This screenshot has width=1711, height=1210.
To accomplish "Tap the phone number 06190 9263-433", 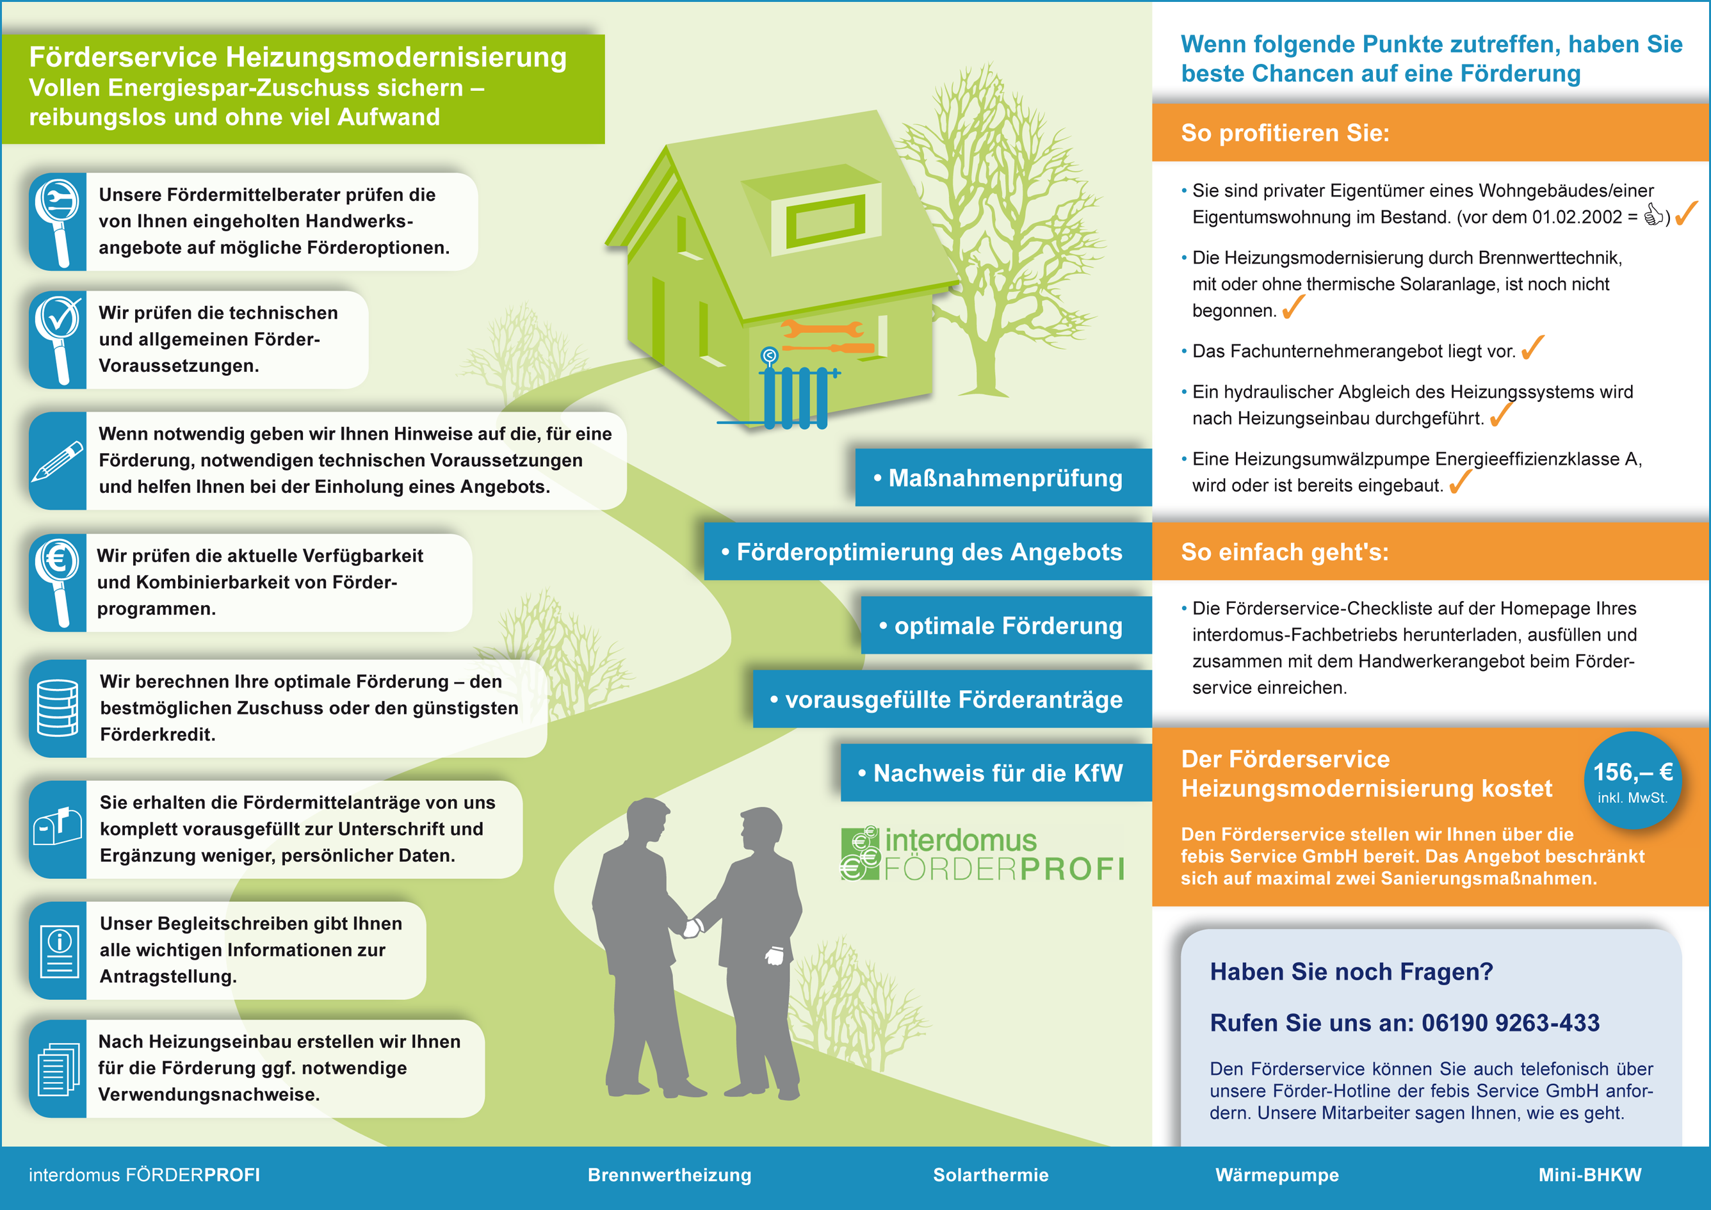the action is point(1510,1023).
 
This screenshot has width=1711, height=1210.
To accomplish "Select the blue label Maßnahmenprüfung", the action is point(1003,478).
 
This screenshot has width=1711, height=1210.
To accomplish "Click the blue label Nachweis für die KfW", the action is point(996,773).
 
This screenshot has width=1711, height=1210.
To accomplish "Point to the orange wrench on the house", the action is point(822,328).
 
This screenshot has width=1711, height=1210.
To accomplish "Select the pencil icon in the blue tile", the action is point(58,461).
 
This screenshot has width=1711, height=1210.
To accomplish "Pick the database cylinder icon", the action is point(58,708).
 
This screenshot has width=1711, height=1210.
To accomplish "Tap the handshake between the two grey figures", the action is point(693,927).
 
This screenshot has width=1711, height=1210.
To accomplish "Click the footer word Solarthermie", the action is point(991,1175).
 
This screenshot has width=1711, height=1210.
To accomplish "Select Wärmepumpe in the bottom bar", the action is point(1277,1175).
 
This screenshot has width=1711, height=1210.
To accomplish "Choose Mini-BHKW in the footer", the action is point(1589,1175).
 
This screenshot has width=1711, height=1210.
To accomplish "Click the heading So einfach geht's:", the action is point(1285,552).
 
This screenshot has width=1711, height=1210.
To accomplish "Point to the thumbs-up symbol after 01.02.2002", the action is point(1653,215).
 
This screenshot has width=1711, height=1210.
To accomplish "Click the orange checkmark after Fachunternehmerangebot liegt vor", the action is point(1532,347).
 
